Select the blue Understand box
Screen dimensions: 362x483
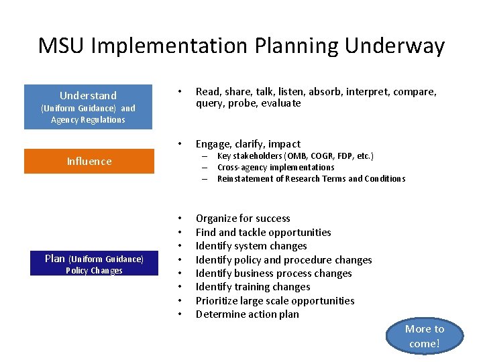point(88,107)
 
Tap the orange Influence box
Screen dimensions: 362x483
point(89,161)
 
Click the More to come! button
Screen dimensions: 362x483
point(425,336)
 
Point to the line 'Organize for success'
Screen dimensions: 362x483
point(243,219)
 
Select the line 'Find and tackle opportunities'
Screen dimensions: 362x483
point(263,233)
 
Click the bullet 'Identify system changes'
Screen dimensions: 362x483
point(251,246)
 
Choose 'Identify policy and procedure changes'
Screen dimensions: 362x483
point(283,260)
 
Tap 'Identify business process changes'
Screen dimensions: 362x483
point(273,274)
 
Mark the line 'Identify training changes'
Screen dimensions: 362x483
point(252,287)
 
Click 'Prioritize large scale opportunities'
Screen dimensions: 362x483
point(275,301)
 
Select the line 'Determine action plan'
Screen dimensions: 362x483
point(247,314)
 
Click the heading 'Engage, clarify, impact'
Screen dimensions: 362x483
point(248,144)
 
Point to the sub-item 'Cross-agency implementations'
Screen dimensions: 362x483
point(276,168)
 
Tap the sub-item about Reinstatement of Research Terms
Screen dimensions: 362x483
point(311,179)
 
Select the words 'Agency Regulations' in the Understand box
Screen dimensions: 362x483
point(88,120)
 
